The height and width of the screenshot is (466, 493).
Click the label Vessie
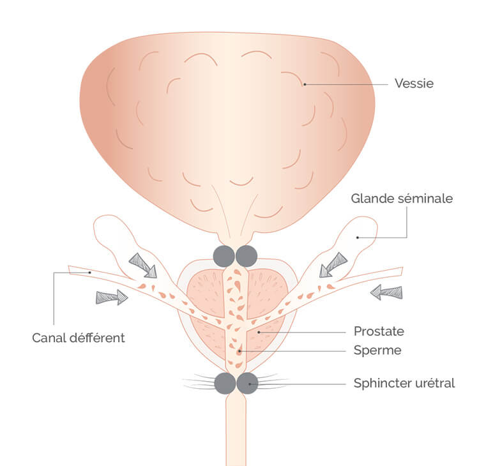[414, 84]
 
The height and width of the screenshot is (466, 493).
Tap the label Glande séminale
[402, 199]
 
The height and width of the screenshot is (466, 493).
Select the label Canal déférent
[79, 337]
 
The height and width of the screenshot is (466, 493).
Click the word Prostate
[379, 331]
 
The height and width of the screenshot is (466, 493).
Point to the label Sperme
[377, 350]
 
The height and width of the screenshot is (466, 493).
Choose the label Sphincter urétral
[404, 384]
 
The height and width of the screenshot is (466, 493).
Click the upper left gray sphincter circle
[224, 256]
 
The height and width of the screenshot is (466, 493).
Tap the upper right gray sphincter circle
[247, 256]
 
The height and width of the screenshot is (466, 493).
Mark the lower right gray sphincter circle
[247, 384]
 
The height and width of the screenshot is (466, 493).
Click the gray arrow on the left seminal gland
[142, 264]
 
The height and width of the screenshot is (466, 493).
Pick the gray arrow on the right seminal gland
[333, 264]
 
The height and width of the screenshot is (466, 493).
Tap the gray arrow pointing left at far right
[387, 292]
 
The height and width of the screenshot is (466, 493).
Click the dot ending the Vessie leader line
[305, 84]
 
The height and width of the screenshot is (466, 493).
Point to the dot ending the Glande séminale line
[357, 237]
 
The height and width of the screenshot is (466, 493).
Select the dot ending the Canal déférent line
[90, 273]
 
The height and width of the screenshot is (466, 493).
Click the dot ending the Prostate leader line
[258, 332]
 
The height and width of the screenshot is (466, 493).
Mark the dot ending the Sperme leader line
[239, 350]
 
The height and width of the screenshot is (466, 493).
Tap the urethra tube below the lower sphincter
[235, 434]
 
